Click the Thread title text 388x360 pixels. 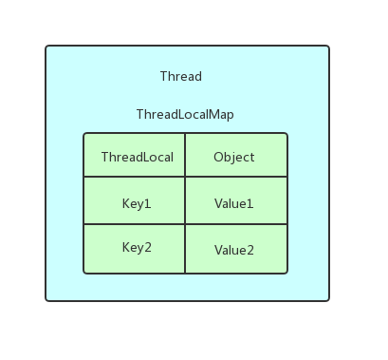180,76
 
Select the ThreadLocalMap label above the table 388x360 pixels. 184,114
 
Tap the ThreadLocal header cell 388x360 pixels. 137,157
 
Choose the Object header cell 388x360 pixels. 233,157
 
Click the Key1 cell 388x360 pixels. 137,203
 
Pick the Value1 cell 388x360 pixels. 233,203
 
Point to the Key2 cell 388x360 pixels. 137,248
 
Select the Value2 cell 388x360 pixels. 233,250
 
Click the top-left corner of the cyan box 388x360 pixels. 46,47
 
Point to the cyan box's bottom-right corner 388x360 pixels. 328,300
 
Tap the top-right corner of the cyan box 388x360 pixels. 328,47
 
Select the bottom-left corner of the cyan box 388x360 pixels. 46,300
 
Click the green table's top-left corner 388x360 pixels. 84,134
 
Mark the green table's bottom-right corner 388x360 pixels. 286,273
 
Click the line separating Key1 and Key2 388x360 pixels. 135,225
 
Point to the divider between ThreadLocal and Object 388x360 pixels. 185,157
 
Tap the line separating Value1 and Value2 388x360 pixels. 235,225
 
